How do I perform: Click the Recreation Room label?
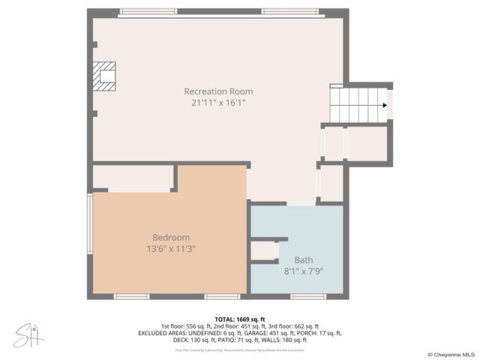(218, 91)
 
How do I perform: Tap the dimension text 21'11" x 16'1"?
(218, 103)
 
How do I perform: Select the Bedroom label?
(171, 237)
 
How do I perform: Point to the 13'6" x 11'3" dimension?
(171, 248)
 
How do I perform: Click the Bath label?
(304, 259)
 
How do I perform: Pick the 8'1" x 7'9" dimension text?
(304, 271)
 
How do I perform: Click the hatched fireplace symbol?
(105, 75)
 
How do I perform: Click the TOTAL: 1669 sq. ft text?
(240, 319)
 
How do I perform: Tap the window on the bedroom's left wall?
(90, 225)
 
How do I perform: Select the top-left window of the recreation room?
(148, 12)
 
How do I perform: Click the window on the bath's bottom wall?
(308, 296)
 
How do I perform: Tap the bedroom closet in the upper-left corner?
(133, 178)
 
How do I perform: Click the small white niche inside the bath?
(263, 251)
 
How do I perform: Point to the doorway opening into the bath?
(301, 203)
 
